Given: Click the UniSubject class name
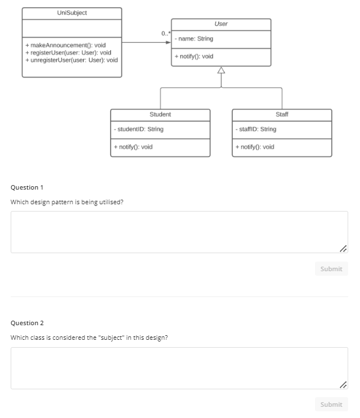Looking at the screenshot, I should click(x=72, y=12).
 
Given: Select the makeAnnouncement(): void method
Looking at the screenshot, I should click(x=65, y=45).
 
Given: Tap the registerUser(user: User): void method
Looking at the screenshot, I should click(x=68, y=52).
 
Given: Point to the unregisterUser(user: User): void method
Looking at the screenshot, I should click(x=71, y=60).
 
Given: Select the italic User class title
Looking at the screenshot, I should click(x=221, y=24).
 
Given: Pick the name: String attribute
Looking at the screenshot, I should click(x=194, y=39).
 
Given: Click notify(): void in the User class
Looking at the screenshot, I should click(x=194, y=56).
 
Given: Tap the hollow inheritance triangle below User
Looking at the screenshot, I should click(x=221, y=70).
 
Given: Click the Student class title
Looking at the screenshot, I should click(x=160, y=114).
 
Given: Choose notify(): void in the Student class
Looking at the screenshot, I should click(x=133, y=147).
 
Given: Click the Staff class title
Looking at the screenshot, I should click(x=282, y=114).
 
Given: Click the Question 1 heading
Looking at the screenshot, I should click(x=27, y=187).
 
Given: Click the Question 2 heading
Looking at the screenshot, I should click(x=27, y=323).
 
